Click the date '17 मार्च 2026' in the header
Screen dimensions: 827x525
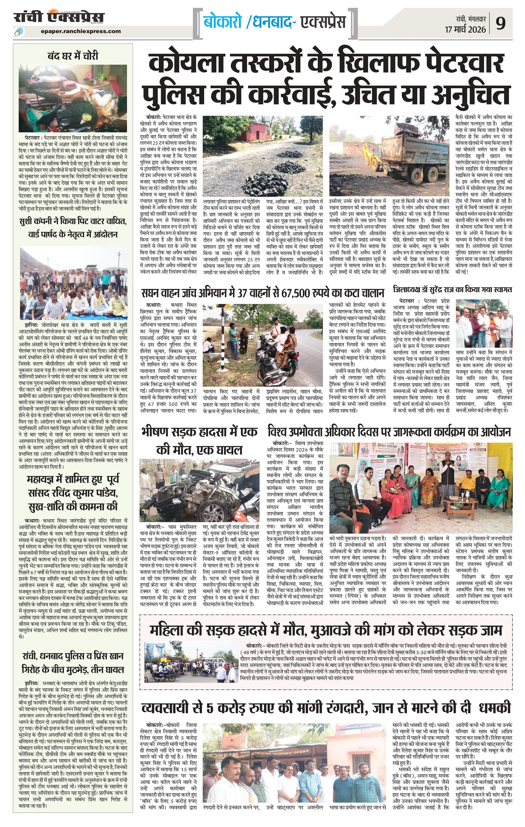[x=465, y=30]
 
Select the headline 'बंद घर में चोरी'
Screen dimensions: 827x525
[x=72, y=56]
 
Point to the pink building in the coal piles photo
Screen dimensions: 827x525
[x=256, y=131]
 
